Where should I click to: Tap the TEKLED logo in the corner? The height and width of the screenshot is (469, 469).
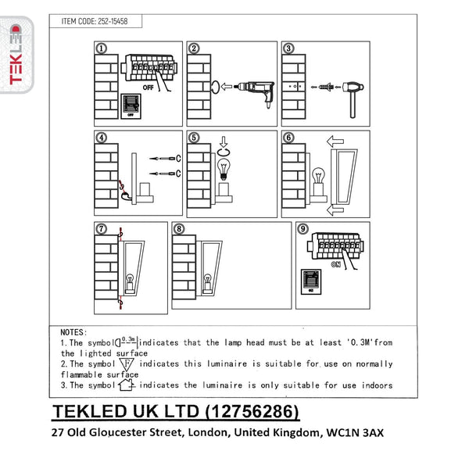[x=16, y=55]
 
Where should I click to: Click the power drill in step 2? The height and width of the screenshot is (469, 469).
[x=254, y=91]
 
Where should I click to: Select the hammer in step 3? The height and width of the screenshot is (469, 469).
[x=353, y=99]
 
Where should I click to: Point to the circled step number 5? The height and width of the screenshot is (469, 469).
[x=194, y=138]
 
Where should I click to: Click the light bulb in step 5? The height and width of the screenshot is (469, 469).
[x=224, y=170]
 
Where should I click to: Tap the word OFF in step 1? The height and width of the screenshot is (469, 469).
[x=148, y=88]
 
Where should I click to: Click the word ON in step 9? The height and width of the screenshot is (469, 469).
[x=335, y=264]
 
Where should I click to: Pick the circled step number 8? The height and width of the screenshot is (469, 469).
[x=179, y=229]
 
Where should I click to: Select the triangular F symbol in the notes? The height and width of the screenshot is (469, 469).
[x=127, y=364]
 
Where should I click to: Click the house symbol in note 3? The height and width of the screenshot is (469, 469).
[x=126, y=385]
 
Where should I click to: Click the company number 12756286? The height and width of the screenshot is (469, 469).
[x=253, y=412]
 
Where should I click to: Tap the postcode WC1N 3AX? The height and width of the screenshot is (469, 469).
[x=355, y=432]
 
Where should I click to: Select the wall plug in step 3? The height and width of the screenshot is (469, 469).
[x=326, y=88]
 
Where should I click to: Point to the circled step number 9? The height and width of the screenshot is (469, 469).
[x=303, y=229]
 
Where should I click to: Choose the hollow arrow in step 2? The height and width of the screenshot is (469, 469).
[x=227, y=87]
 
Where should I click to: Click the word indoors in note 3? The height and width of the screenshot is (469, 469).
[x=377, y=385]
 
